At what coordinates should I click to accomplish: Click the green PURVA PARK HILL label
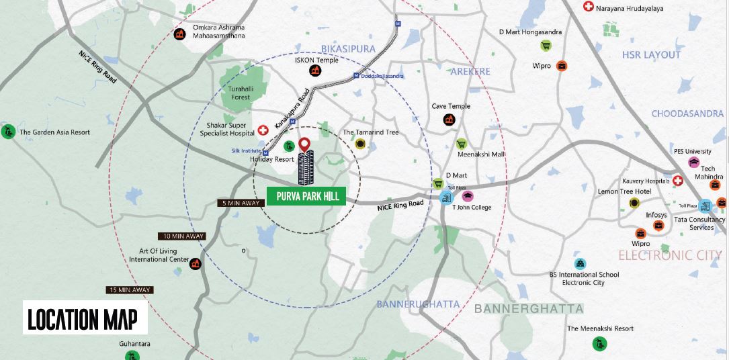coord(306,196)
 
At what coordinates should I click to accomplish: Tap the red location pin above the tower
coord(304,144)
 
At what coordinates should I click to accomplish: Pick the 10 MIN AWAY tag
coord(182,236)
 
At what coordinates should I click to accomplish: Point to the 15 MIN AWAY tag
coord(130,289)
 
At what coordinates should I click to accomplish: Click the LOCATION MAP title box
coord(85,318)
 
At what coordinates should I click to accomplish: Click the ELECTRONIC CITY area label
coord(670,255)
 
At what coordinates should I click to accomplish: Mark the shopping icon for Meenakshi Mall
coord(462,144)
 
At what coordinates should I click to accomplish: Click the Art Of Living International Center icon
coord(196,263)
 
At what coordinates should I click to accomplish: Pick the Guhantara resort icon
coord(135,357)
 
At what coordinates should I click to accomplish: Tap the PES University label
coord(692,152)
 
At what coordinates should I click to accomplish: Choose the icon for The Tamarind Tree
coord(361,144)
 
